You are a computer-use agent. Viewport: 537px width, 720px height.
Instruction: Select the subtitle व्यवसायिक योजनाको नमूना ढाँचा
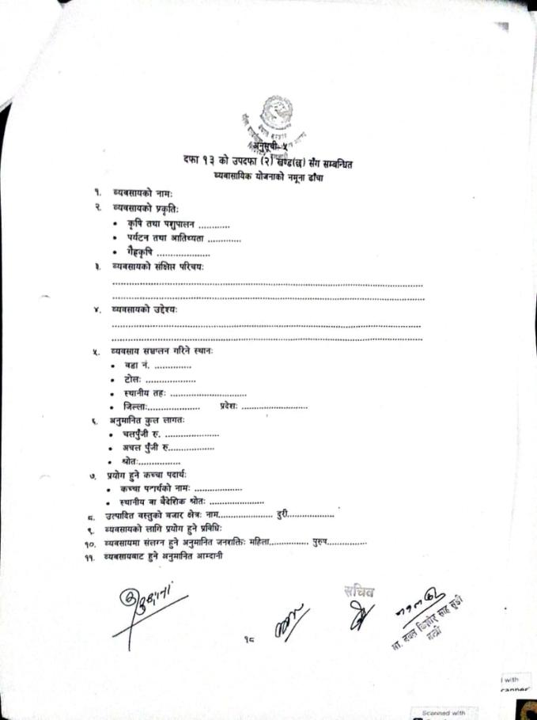[267, 178]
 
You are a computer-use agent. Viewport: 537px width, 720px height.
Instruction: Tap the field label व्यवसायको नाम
[142, 194]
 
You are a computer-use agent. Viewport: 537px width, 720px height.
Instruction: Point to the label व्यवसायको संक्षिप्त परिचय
[158, 268]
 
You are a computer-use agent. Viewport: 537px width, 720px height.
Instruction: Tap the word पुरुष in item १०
[320, 543]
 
